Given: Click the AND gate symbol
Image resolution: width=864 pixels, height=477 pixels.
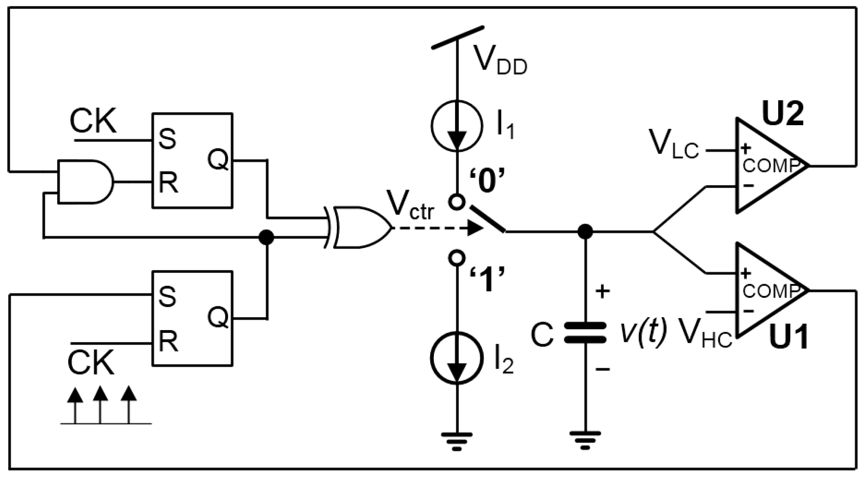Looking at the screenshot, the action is click(x=86, y=182).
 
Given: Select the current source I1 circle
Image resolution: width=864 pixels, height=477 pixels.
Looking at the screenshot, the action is click(x=456, y=126).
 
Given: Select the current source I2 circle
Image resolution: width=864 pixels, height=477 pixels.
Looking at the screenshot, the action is click(x=456, y=357).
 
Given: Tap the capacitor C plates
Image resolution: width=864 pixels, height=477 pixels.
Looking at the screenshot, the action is click(x=585, y=332).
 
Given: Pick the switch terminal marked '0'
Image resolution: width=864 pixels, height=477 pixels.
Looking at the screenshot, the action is click(x=457, y=202).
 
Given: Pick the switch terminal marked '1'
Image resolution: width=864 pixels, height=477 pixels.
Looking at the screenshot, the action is click(x=457, y=258).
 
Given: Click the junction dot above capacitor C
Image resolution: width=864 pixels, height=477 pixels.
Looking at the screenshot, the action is click(x=585, y=231).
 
